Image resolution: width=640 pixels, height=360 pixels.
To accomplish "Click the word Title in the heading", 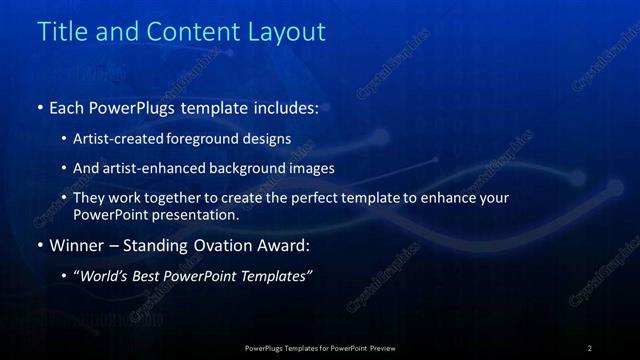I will tap(62, 31).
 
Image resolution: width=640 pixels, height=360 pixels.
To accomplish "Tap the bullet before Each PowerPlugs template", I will tap(39, 107).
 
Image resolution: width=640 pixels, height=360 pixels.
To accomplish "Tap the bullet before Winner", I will tap(39, 245).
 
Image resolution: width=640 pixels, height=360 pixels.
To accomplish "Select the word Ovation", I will tap(221, 245).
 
